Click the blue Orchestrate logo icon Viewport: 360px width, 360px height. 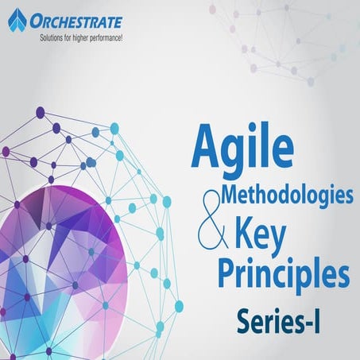click(17, 20)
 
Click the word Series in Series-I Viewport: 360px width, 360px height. click(266, 321)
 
